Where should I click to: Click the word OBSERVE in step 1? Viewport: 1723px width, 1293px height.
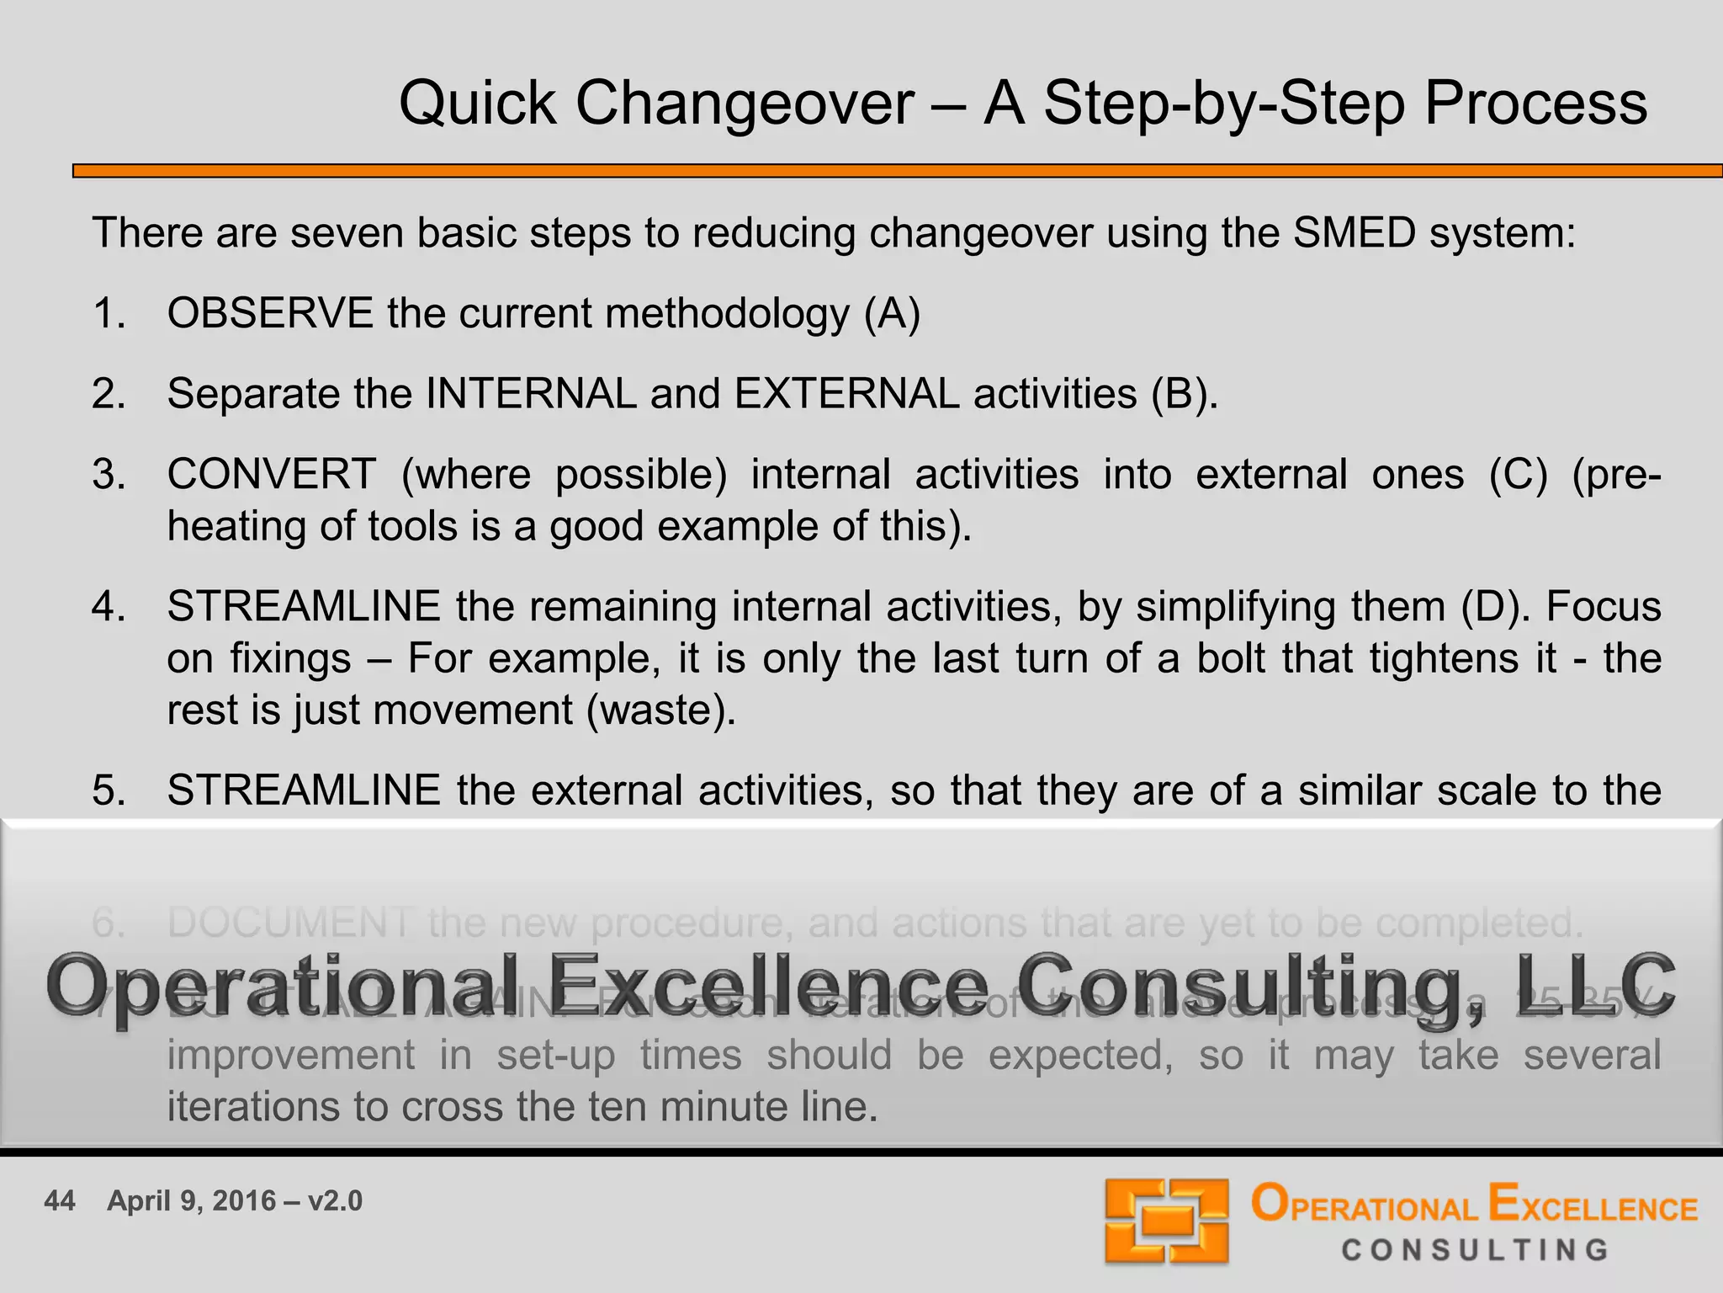(270, 314)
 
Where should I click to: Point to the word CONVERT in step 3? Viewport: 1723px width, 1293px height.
(272, 475)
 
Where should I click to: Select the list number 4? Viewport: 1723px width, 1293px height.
(108, 607)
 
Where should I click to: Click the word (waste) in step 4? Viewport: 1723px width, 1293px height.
(661, 710)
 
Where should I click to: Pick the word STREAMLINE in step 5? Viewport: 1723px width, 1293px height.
(304, 791)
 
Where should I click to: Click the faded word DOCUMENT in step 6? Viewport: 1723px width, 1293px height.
(290, 923)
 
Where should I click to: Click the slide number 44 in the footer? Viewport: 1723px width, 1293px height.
(60, 1200)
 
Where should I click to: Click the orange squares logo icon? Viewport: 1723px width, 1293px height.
(1167, 1221)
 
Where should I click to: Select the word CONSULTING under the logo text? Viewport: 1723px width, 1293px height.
(1476, 1250)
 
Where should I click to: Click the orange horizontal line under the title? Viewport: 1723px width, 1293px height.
(897, 171)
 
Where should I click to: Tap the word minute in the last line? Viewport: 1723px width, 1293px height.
(717, 1107)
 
